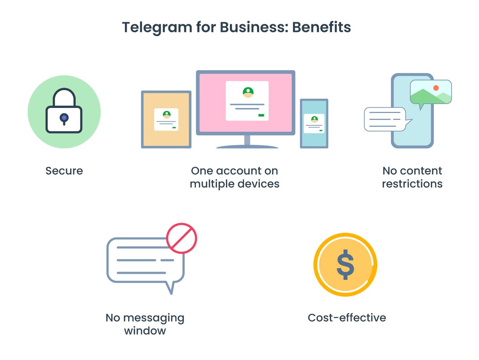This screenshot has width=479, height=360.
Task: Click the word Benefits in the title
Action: click(x=322, y=28)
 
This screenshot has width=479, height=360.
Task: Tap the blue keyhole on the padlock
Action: click(x=64, y=118)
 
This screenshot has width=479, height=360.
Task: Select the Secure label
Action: click(x=64, y=171)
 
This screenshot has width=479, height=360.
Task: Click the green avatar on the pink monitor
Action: click(x=248, y=92)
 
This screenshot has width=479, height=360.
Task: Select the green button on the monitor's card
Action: click(x=261, y=115)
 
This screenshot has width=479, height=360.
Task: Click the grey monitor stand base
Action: click(x=247, y=146)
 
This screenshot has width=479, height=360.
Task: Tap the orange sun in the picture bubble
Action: click(x=436, y=88)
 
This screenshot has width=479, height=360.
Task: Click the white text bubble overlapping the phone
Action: click(x=385, y=119)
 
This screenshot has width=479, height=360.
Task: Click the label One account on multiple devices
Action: click(x=235, y=177)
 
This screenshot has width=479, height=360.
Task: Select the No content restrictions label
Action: click(x=412, y=177)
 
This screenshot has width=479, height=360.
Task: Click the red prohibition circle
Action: click(x=181, y=238)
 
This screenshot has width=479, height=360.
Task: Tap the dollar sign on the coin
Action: click(x=345, y=264)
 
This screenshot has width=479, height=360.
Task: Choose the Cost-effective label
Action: click(x=347, y=318)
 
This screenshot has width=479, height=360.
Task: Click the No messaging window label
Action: click(x=145, y=324)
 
